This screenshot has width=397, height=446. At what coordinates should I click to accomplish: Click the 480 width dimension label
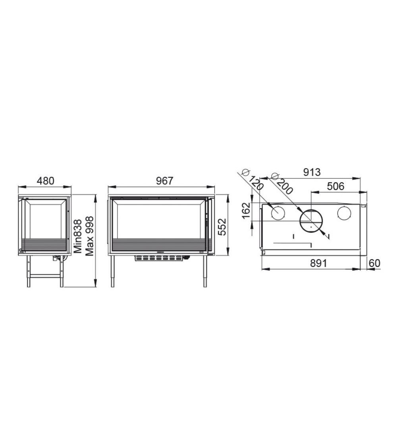click(x=46, y=181)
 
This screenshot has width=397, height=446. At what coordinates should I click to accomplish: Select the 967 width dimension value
click(x=165, y=181)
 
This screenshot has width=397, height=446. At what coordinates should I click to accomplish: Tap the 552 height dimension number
click(x=222, y=227)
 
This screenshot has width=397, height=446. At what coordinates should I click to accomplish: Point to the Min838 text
click(x=78, y=236)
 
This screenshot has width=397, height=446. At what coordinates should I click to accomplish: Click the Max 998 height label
click(x=89, y=236)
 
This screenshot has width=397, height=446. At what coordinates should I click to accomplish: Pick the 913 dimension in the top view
click(x=312, y=172)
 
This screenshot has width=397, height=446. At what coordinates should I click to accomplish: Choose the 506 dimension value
click(x=335, y=186)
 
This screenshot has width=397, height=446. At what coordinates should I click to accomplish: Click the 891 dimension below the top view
click(x=318, y=263)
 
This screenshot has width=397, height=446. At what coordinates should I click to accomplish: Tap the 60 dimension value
click(x=374, y=263)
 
